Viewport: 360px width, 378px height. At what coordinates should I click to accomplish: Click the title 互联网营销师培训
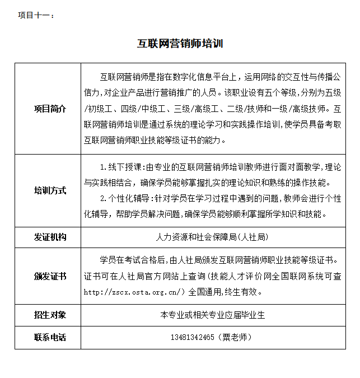[180, 44]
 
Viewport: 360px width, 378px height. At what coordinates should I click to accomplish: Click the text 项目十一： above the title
[36, 15]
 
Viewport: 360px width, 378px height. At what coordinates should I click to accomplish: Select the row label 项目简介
[50, 109]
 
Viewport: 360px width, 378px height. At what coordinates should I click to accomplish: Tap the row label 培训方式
[50, 190]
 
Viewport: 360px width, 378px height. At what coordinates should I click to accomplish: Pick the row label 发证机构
[50, 237]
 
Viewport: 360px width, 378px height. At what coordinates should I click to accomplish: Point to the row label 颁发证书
[50, 276]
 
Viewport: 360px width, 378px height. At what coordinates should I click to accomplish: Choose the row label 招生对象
[50, 315]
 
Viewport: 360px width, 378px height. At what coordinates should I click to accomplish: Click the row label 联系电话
[50, 337]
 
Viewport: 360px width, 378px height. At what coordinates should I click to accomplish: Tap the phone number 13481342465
[193, 337]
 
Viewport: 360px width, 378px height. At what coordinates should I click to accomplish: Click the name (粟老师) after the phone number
[233, 337]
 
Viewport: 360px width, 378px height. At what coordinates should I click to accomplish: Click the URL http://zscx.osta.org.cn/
[134, 292]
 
